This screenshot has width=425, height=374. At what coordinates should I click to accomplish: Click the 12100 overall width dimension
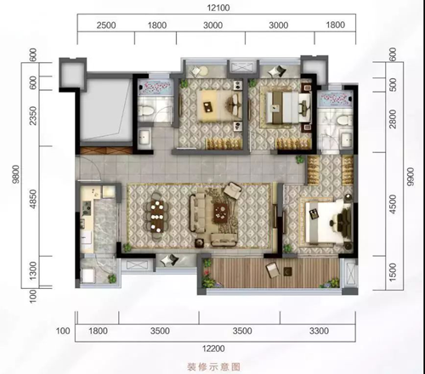coord(218,8)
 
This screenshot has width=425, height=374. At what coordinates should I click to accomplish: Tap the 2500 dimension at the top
coord(106,25)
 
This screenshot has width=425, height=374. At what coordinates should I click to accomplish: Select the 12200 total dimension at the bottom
coord(213,348)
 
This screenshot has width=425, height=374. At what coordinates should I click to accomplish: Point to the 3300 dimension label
coord(319,331)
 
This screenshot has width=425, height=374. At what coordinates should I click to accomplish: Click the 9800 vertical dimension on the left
coord(16,174)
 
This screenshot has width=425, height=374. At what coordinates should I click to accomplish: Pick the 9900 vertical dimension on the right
coord(410,177)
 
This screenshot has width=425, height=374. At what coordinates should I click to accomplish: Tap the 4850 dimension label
coord(33,199)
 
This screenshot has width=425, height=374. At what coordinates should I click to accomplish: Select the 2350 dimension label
coord(33,116)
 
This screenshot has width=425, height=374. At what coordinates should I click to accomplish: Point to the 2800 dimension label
coord(393,119)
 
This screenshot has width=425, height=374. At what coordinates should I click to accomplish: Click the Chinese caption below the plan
coord(213,367)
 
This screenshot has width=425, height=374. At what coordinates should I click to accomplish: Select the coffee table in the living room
coord(222,212)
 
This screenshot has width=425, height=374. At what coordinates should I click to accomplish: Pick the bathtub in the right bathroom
coord(336,99)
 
